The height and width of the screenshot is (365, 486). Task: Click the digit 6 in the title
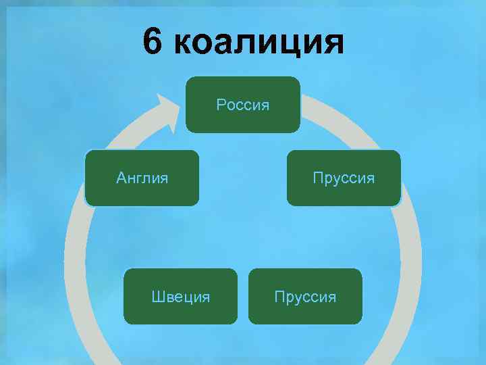[153, 43]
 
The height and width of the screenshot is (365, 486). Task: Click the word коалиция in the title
[259, 43]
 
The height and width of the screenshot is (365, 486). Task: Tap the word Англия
[142, 178]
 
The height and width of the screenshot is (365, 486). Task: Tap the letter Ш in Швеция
[157, 297]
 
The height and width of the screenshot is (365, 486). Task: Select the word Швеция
[180, 297]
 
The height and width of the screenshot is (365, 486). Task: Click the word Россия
[243, 105]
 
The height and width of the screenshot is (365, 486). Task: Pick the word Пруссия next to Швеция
[305, 297]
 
